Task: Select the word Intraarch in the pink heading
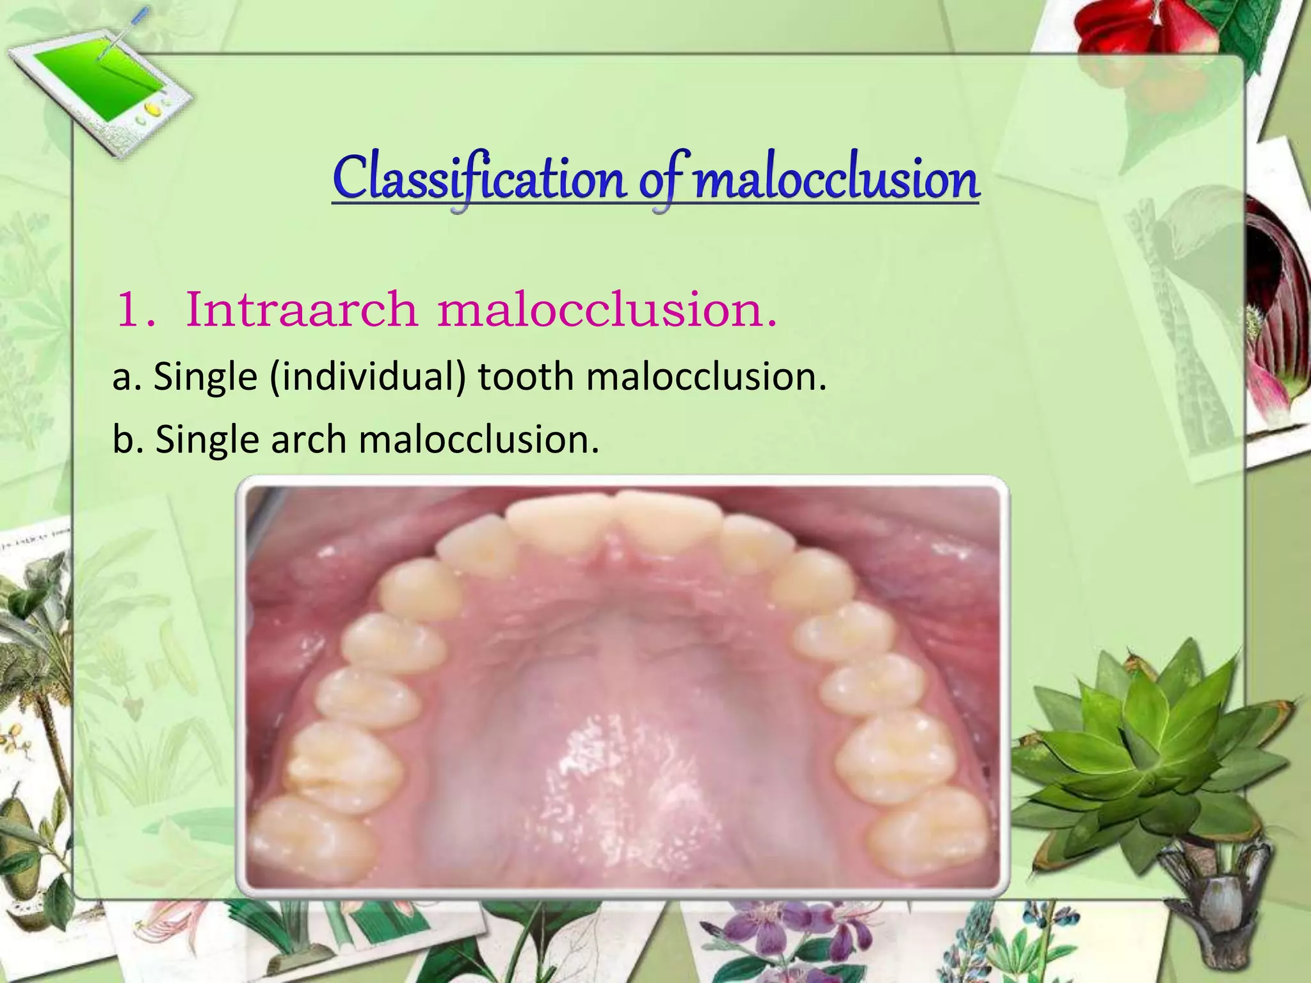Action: click(x=301, y=310)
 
